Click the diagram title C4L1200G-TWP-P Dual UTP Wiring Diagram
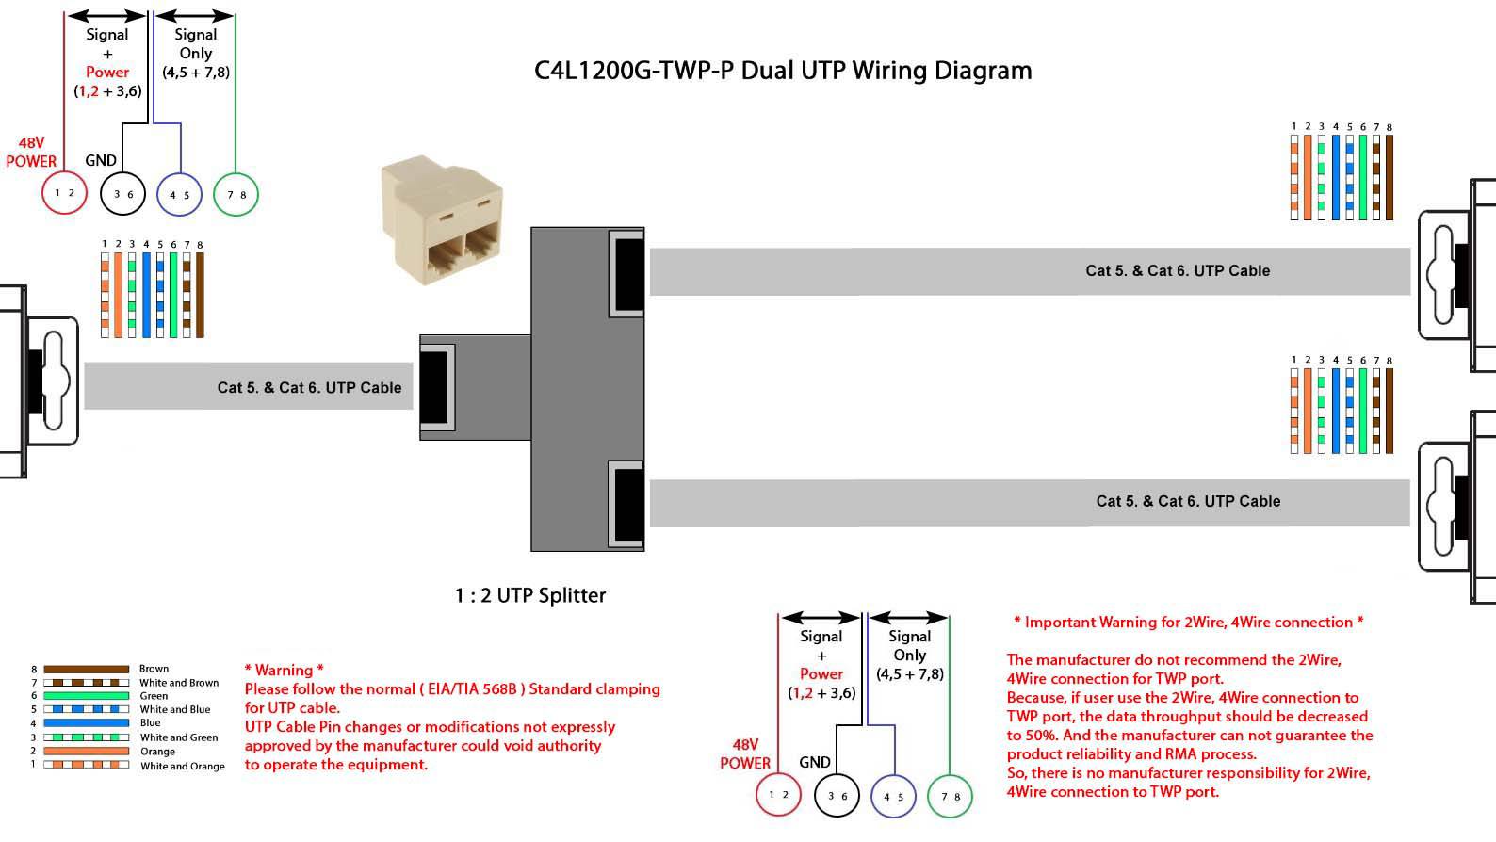[783, 71]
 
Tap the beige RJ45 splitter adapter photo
[441, 222]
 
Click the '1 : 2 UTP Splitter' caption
[530, 595]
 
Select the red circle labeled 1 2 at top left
[64, 193]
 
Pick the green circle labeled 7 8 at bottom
[950, 796]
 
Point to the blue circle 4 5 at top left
[179, 195]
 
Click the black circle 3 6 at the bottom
[837, 796]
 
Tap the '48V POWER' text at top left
[31, 152]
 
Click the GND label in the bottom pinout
[815, 762]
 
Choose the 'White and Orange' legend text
[183, 766]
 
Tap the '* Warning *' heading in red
[284, 670]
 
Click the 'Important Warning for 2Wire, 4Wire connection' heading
[1189, 622]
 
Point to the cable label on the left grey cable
[309, 387]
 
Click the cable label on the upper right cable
[1178, 270]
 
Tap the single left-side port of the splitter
[435, 386]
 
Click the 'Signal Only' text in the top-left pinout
[196, 44]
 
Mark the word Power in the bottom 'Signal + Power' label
[821, 673]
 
